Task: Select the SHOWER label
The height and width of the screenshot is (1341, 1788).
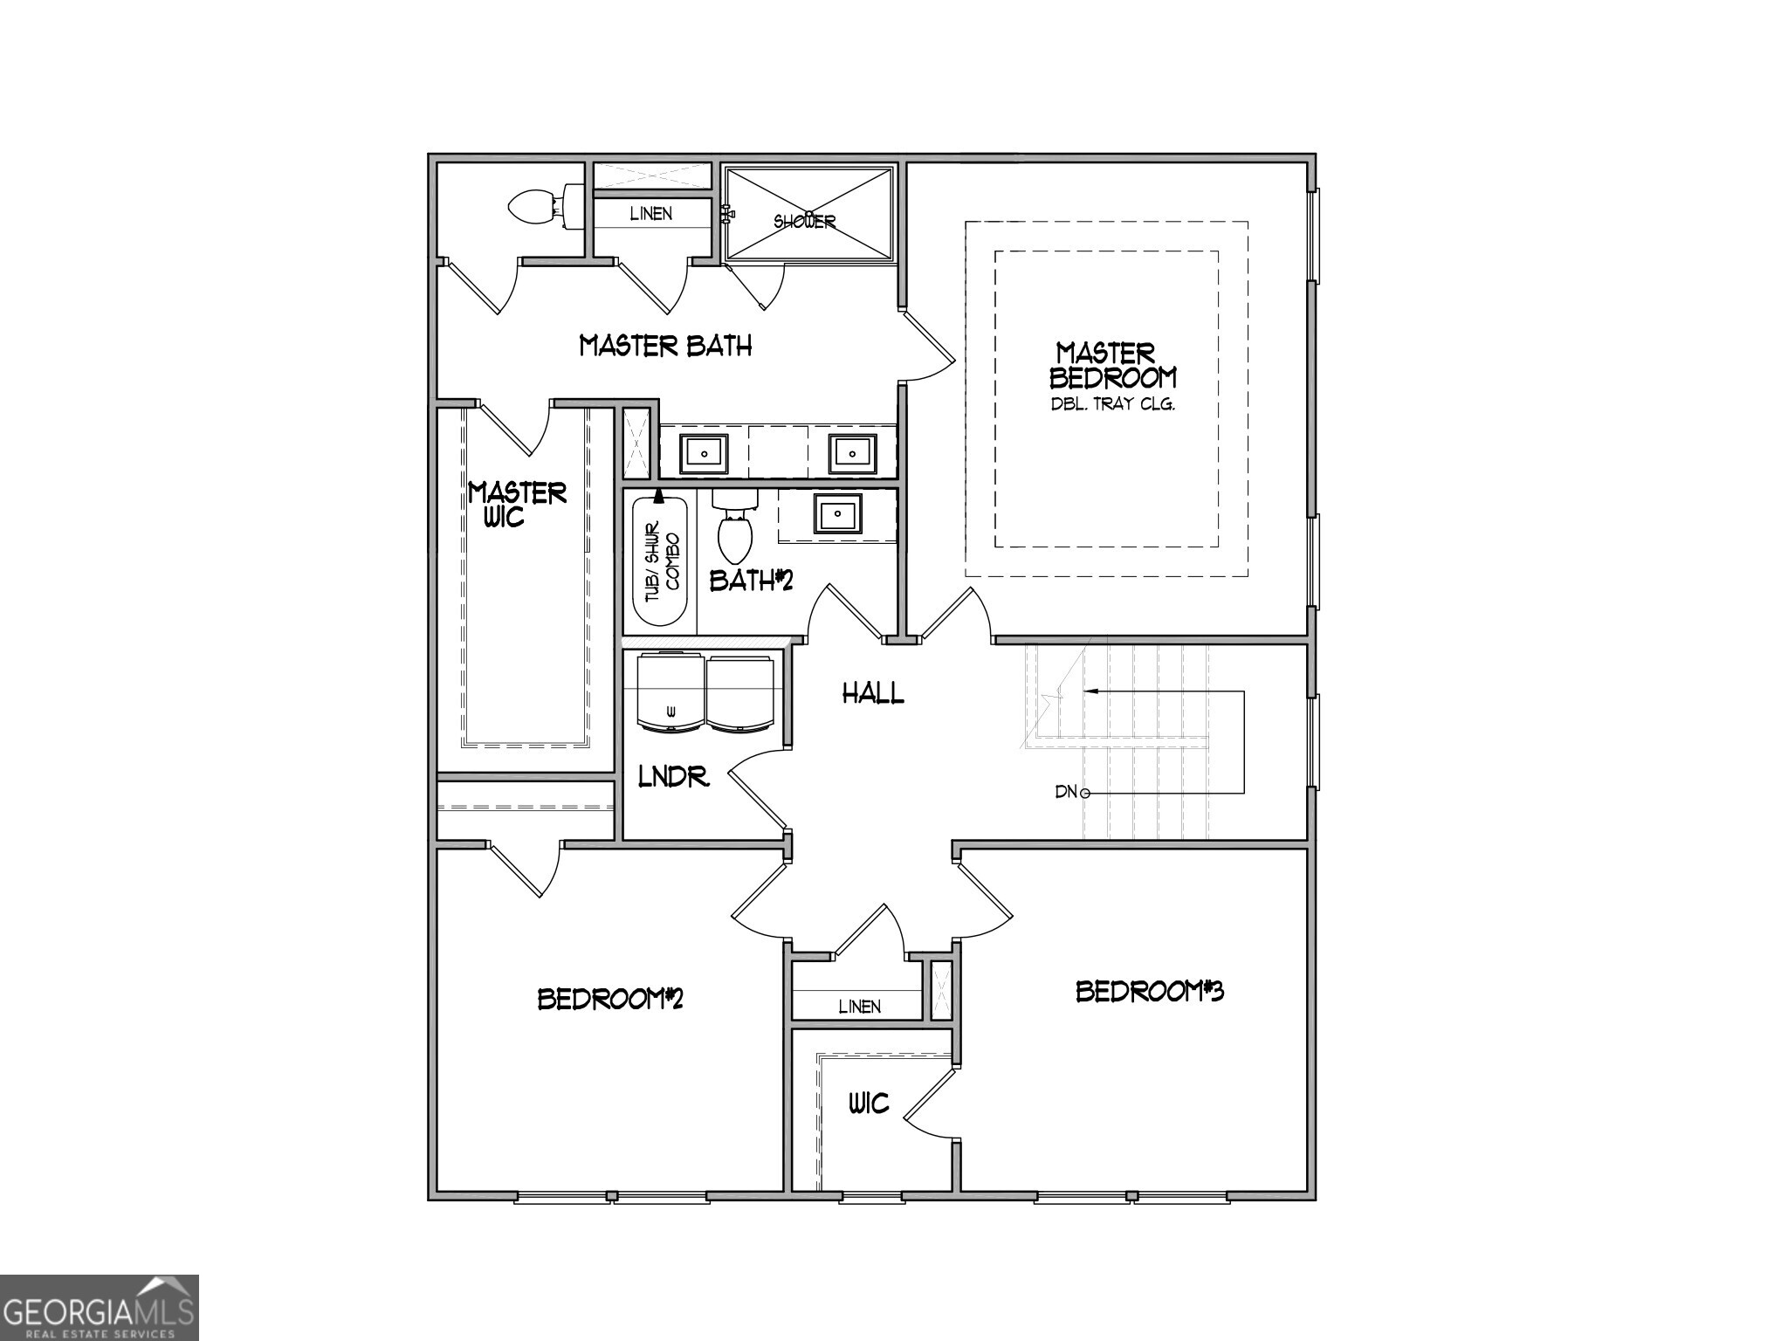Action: click(804, 221)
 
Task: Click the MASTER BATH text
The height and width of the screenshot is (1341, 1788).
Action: click(665, 346)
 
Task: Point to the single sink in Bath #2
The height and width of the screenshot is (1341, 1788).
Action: click(838, 513)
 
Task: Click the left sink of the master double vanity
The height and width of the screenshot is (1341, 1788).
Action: click(704, 453)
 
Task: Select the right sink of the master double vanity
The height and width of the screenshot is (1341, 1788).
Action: click(851, 453)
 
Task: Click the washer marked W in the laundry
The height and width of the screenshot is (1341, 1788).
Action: click(670, 692)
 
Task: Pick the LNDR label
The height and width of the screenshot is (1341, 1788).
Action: click(673, 776)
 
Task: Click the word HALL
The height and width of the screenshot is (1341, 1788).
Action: click(872, 694)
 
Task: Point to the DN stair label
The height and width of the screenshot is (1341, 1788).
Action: click(1067, 793)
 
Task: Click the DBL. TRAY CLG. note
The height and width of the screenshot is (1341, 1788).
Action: click(1111, 405)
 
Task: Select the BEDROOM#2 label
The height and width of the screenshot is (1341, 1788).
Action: click(609, 999)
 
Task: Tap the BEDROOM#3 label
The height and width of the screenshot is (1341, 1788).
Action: click(1149, 992)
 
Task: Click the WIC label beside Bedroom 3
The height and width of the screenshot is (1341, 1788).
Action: click(869, 1104)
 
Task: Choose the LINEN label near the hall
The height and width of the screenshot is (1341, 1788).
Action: click(859, 1007)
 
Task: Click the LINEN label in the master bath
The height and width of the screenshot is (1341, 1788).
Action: click(651, 214)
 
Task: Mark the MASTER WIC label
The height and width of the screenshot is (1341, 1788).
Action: click(517, 505)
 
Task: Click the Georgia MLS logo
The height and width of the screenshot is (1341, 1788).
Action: click(99, 1308)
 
